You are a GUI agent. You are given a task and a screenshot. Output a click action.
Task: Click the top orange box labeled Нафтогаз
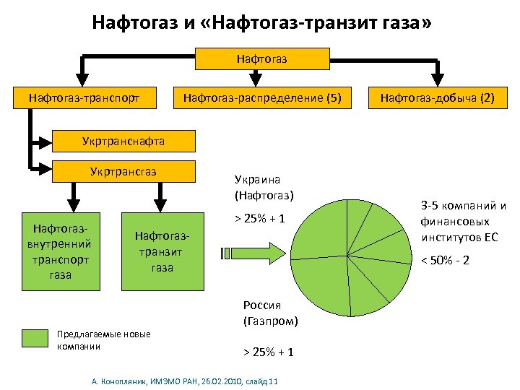click(261, 57)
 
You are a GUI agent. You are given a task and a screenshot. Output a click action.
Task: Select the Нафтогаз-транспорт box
click(83, 97)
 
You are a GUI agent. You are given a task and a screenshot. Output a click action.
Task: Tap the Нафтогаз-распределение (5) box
click(261, 97)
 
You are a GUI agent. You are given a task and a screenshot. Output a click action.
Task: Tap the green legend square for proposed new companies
click(35, 340)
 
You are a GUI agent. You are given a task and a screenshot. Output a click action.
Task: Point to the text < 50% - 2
click(445, 259)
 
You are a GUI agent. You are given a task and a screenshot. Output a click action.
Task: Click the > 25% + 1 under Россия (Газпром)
click(268, 352)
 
